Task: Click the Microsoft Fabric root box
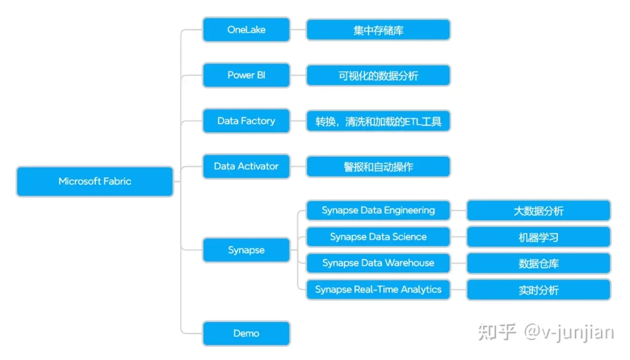[x=94, y=182]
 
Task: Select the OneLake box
[x=246, y=30]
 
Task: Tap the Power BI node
[x=246, y=75]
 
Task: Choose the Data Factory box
[x=246, y=121]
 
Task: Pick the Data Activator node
[x=246, y=166]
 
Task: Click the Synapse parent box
[x=246, y=250]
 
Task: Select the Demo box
[x=246, y=333]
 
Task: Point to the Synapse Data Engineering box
[x=378, y=210]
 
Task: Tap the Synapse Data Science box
[x=378, y=237]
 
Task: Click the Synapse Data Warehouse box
[x=378, y=263]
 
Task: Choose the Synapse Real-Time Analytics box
[x=378, y=289]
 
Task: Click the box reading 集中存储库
[x=378, y=30]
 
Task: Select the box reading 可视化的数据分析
[x=378, y=75]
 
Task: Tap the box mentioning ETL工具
[x=378, y=121]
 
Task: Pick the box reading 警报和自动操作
[x=378, y=167]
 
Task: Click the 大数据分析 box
[x=538, y=210]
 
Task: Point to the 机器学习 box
[x=538, y=237]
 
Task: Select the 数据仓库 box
[x=538, y=263]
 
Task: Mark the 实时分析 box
[x=538, y=289]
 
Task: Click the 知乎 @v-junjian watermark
[x=546, y=332]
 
